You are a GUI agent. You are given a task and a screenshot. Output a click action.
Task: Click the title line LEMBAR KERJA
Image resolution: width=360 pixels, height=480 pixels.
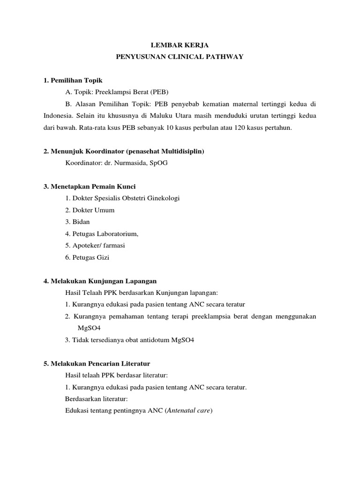tap(180, 45)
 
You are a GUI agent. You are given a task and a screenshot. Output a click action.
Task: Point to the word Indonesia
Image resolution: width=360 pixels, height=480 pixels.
tap(59, 115)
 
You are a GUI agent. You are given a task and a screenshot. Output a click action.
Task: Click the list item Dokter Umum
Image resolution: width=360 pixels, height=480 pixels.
tap(93, 210)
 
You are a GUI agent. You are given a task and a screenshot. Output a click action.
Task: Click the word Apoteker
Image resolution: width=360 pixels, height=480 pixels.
tap(89, 245)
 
